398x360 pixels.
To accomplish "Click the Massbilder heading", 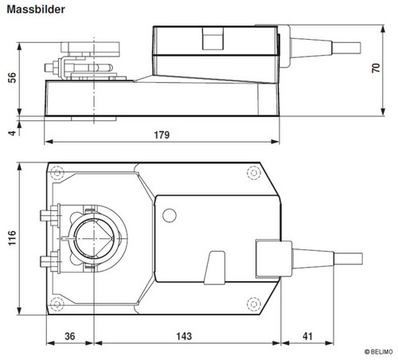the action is (x=36, y=10).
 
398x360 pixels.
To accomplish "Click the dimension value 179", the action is (x=162, y=135).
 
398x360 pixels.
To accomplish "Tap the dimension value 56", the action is (x=12, y=77).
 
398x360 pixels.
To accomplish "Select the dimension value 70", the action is (x=376, y=68).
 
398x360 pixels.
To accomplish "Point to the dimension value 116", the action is (x=12, y=238).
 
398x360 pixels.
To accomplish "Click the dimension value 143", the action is (x=184, y=336).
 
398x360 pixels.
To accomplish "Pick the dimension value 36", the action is (x=70, y=336).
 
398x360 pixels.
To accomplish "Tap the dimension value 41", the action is (x=307, y=336).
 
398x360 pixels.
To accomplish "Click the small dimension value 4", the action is (x=12, y=132).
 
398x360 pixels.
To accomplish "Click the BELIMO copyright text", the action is (x=379, y=352).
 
